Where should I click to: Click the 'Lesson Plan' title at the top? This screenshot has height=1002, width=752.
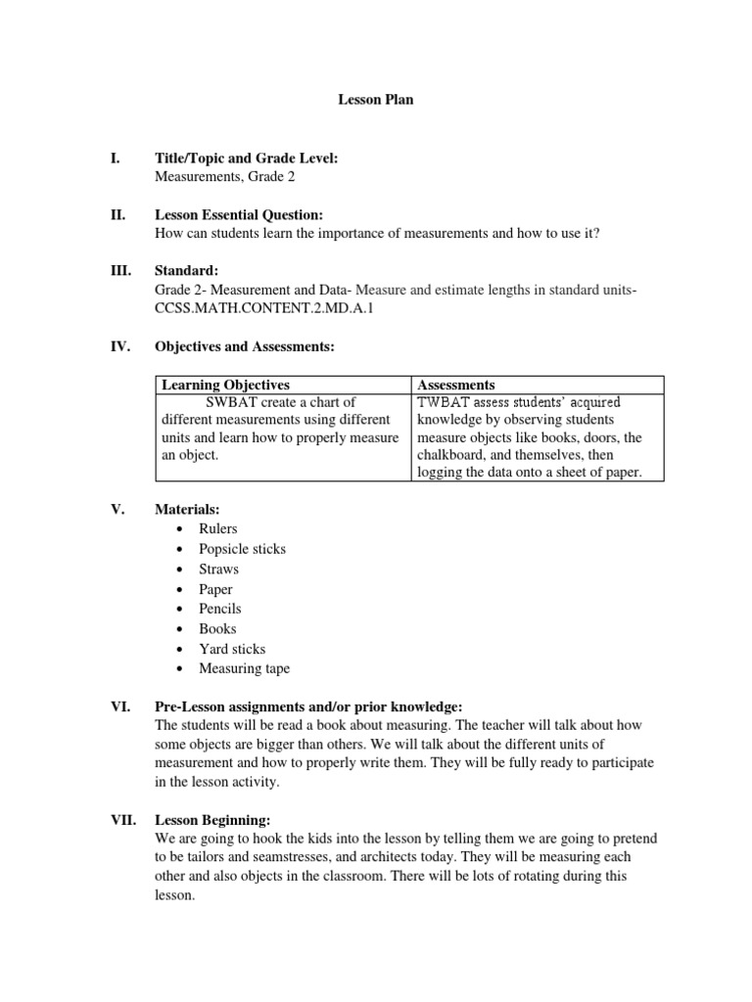point(376,100)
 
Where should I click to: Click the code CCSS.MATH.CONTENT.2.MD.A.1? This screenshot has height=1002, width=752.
point(252,308)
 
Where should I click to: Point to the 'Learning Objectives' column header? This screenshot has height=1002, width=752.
point(225,385)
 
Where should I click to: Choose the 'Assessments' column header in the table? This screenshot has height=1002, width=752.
point(455,385)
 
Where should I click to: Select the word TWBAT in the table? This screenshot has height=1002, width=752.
point(446,402)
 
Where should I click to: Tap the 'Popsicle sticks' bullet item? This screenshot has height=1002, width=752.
point(242,549)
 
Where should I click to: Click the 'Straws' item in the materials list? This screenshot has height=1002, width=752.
point(218,569)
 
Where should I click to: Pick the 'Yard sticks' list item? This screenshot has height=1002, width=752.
point(232,649)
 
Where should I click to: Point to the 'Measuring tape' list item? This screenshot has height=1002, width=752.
point(244,668)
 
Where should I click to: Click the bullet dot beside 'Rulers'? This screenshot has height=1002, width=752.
point(178,529)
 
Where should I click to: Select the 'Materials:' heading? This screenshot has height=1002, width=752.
point(187,509)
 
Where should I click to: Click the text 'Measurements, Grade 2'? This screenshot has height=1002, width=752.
point(224,176)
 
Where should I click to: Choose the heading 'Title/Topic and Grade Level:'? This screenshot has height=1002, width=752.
point(246,158)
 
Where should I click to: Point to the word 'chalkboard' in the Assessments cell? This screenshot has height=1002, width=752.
point(452,456)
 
